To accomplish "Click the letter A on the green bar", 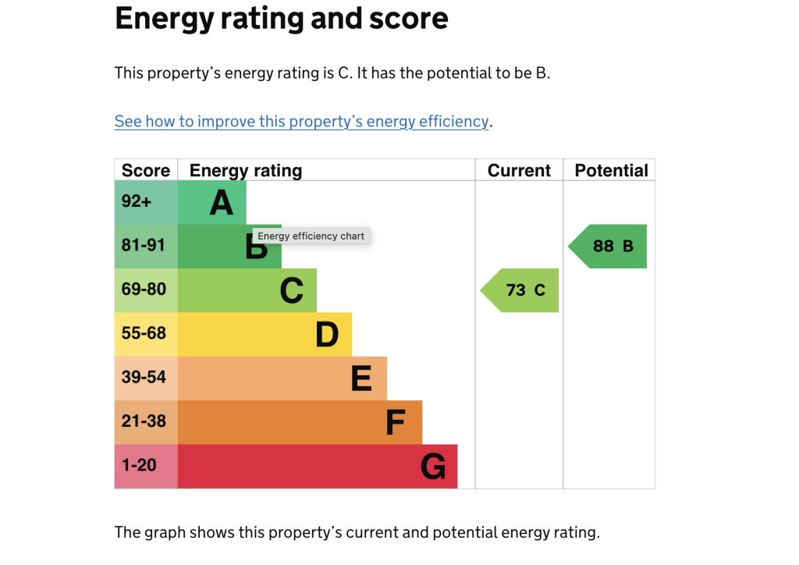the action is [222, 203].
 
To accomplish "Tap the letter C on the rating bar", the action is [292, 291].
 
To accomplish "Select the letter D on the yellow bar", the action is [327, 335].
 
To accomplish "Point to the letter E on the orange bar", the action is [362, 378].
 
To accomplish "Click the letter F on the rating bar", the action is [396, 422].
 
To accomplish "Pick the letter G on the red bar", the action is [433, 467].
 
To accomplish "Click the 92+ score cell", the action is [137, 201].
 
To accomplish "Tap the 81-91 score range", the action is [144, 246].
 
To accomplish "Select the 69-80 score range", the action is [144, 290].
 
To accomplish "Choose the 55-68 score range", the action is [144, 333].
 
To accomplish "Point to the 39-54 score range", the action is [144, 378].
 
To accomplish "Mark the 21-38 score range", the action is [144, 421].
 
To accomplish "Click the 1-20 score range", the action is [139, 465].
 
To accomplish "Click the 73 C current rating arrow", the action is [520, 290].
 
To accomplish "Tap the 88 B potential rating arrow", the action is [607, 247].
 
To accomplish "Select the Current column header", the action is [519, 171].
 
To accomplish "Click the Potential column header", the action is [612, 171].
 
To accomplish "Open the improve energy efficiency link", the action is [302, 122].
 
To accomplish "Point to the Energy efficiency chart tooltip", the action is [311, 236].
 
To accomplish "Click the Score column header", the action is [146, 171].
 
